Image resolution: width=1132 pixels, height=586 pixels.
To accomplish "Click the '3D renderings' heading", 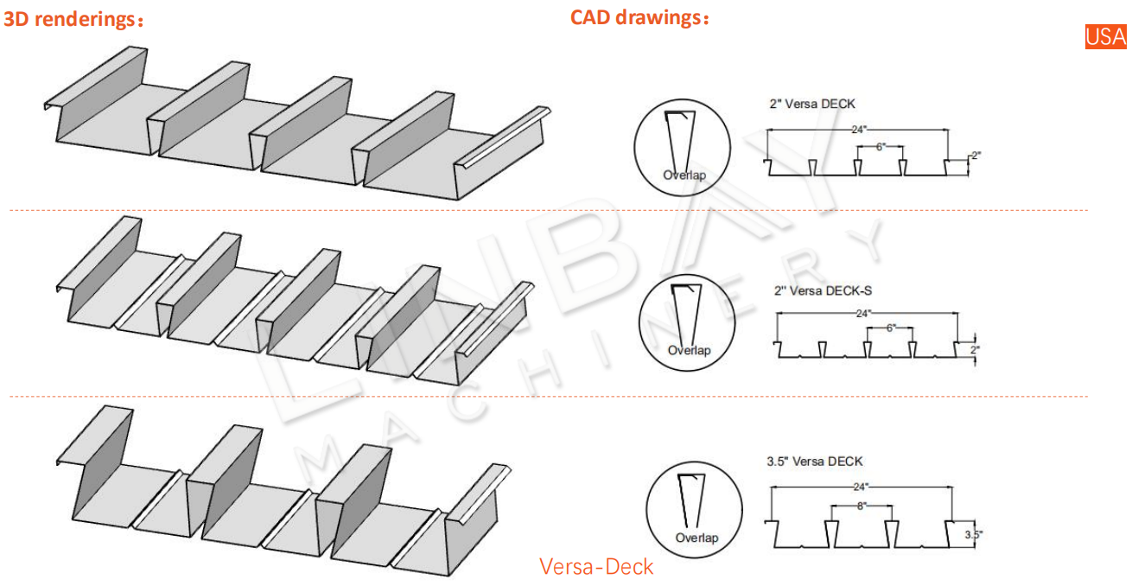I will [x=73, y=20].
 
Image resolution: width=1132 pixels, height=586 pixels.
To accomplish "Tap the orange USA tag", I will [x=1106, y=36].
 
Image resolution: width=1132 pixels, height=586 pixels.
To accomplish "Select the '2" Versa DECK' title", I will [x=812, y=104].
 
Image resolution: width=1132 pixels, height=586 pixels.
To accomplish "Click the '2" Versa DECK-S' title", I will [x=829, y=291].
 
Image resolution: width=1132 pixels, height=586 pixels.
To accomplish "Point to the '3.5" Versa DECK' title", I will [x=814, y=462].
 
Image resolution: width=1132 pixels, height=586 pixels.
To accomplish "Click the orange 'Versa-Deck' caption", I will [x=596, y=567].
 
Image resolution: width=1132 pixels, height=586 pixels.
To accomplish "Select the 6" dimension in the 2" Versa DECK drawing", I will [x=881, y=147].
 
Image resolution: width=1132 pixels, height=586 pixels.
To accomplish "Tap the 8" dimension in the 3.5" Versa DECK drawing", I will [x=861, y=505].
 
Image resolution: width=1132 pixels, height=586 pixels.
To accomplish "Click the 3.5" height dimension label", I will [x=974, y=535].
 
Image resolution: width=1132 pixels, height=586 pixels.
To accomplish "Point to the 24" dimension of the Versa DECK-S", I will [x=865, y=314].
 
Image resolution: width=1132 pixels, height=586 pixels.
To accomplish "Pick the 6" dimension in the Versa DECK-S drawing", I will [x=891, y=328].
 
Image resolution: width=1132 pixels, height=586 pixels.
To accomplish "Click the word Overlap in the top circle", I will [x=684, y=175].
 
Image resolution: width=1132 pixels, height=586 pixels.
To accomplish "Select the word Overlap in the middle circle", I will [x=689, y=350].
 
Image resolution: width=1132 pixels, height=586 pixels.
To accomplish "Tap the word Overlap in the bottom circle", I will [x=696, y=538].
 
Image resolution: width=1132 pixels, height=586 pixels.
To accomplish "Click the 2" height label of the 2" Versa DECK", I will [x=976, y=156].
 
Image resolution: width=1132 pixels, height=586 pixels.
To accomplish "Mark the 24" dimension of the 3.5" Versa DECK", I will [x=861, y=487].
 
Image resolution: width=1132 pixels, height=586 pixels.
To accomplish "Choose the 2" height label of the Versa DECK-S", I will [x=976, y=350].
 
